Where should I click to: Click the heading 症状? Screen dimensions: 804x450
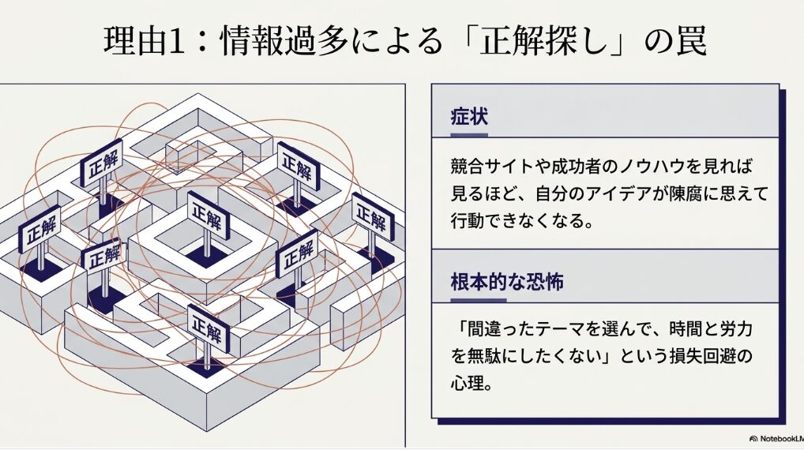[x=469, y=116]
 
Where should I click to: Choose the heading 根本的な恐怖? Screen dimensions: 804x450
[x=507, y=281]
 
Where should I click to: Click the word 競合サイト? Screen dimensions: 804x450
[x=492, y=166]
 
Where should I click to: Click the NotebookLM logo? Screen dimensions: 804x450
[x=776, y=439]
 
